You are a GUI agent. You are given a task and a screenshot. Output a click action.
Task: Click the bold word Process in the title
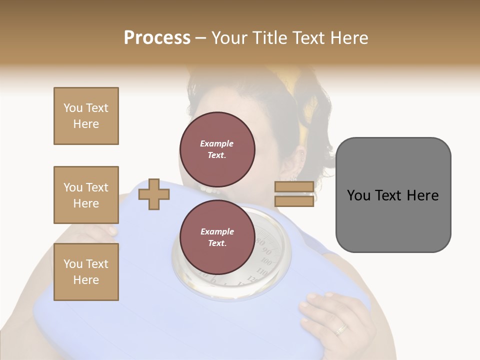point(157,38)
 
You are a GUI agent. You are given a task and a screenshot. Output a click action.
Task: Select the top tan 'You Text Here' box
point(86,116)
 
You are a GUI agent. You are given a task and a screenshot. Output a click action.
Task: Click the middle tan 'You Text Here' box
point(86,195)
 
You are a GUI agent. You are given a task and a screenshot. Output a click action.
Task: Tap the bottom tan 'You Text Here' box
point(86,272)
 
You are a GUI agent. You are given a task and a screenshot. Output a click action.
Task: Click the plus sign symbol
point(153,194)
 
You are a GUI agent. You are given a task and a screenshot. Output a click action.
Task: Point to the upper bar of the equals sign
point(294,186)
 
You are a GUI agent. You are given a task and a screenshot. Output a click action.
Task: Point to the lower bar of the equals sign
point(294,201)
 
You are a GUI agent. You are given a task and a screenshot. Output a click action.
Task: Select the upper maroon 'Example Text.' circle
point(217,149)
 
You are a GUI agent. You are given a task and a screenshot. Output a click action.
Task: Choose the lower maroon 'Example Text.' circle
point(217,237)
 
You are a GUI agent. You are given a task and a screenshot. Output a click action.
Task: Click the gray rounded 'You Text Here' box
point(393,195)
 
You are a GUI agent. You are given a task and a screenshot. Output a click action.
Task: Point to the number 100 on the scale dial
point(267,262)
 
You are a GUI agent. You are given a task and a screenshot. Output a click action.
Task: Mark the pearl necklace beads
point(210,190)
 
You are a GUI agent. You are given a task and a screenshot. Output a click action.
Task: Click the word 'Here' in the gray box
point(422,195)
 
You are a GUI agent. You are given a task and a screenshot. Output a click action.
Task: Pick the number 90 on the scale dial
point(266,251)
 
